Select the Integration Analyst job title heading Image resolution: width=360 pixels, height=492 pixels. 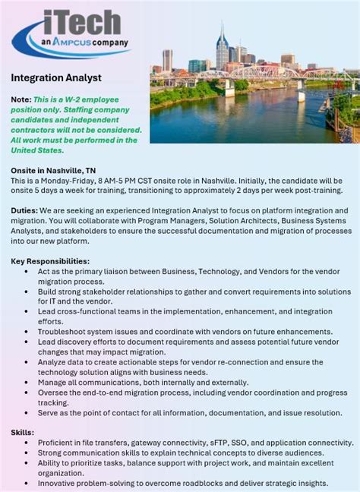56,77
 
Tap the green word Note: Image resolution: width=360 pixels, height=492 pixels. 21,99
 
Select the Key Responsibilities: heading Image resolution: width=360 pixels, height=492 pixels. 50,260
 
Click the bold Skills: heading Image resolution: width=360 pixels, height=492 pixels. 24,431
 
